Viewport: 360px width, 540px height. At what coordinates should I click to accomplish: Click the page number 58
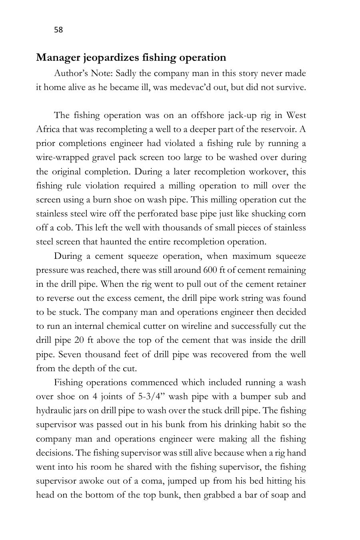pyautogui.click(x=58, y=30)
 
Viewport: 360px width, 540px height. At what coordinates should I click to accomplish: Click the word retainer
pyautogui.click(x=291, y=284)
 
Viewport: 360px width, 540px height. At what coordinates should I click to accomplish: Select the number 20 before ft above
pyautogui.click(x=78, y=340)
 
